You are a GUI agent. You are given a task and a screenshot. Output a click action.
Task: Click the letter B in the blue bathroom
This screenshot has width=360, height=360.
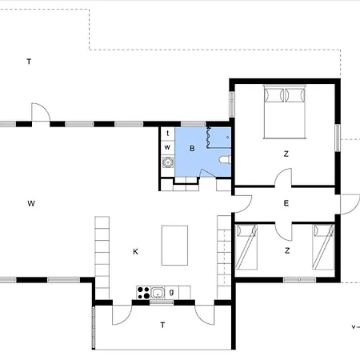192,149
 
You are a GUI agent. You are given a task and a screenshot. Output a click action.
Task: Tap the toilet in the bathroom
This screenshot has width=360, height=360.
225,159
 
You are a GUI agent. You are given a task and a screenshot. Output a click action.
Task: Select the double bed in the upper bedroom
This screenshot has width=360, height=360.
284,112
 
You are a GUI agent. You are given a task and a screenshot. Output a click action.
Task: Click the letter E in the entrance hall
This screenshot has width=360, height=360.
286,203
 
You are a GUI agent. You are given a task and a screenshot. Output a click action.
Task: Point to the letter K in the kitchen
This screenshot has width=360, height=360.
135,252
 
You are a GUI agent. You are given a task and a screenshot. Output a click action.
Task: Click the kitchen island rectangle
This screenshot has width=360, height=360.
174,246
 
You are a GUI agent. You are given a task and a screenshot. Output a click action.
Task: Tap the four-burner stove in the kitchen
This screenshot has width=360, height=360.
143,293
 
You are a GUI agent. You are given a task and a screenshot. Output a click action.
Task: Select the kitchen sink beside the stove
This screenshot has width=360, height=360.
158,293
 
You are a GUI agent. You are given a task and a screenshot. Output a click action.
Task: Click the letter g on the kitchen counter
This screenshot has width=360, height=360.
171,292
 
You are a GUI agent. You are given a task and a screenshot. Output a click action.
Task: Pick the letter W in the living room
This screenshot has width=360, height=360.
31,203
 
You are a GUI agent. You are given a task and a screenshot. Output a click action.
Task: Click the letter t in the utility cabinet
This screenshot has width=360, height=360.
167,133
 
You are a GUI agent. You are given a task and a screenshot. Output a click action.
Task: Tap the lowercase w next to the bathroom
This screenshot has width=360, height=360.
167,147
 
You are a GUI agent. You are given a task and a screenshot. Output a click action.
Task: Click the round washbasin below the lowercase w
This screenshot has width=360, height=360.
168,162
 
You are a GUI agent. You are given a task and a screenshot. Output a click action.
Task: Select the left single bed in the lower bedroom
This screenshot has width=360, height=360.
246,246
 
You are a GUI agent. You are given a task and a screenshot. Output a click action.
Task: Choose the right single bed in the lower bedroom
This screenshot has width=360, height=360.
323,246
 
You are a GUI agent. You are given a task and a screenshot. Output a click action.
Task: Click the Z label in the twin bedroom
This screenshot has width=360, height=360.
287,250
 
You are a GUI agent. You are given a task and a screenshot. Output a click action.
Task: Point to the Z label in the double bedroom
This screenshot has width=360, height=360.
286,154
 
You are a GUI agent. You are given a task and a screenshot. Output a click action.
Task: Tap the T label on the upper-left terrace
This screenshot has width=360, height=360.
29,62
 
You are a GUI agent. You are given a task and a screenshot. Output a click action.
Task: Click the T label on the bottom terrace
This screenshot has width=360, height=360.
162,325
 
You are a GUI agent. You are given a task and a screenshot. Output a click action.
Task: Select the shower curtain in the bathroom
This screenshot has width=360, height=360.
208,138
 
